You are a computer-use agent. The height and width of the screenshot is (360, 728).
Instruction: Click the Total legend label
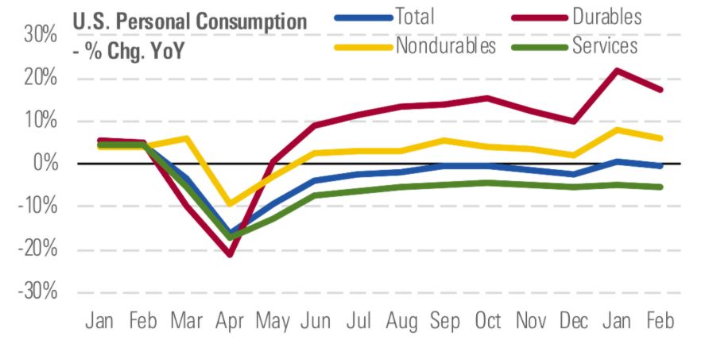[x=414, y=17]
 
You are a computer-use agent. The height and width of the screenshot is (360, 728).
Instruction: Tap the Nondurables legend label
[x=446, y=45]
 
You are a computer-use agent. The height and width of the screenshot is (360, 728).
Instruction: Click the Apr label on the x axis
[x=230, y=321]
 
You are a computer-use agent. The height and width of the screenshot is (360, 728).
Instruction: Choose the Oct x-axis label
[x=487, y=321]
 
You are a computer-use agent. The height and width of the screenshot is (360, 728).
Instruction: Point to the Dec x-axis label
[x=574, y=321]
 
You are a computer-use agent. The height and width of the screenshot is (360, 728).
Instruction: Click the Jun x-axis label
[x=316, y=321]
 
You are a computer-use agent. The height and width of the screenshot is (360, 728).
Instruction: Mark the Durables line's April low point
[x=230, y=254]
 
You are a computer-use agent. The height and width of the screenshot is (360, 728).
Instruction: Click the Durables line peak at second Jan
[x=618, y=70]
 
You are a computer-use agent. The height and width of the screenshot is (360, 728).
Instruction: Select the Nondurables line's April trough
[x=230, y=204]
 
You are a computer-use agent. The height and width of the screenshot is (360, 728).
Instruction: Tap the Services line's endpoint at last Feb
[x=660, y=187]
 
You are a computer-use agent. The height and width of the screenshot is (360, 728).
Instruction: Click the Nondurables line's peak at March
[x=187, y=138]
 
